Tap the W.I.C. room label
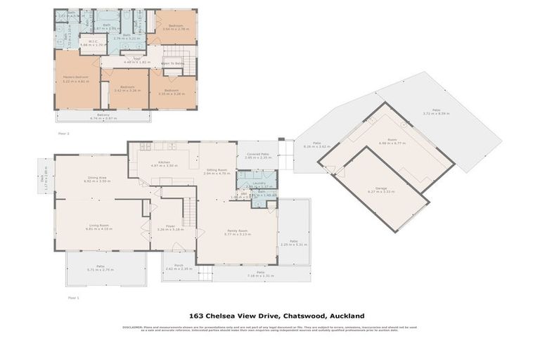point(89,41)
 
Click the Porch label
point(179,265)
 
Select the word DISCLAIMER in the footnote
point(133,328)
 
